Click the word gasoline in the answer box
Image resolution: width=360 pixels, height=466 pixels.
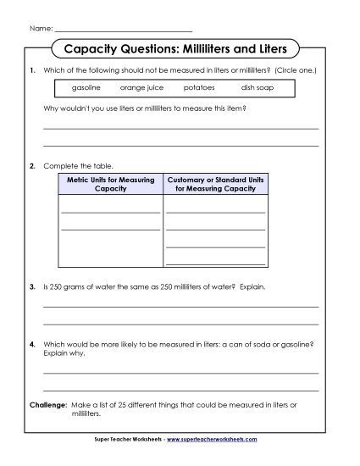pyautogui.click(x=86, y=88)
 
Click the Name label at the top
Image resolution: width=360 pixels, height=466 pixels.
pyautogui.click(x=40, y=29)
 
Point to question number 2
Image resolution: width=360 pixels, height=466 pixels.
pyautogui.click(x=32, y=165)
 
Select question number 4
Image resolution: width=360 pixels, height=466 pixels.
pyautogui.click(x=32, y=345)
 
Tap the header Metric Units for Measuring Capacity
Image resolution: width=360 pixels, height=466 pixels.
pyautogui.click(x=110, y=185)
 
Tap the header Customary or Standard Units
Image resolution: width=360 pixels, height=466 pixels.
pyautogui.click(x=215, y=180)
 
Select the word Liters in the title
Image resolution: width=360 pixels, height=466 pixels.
pyautogui.click(x=269, y=48)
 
